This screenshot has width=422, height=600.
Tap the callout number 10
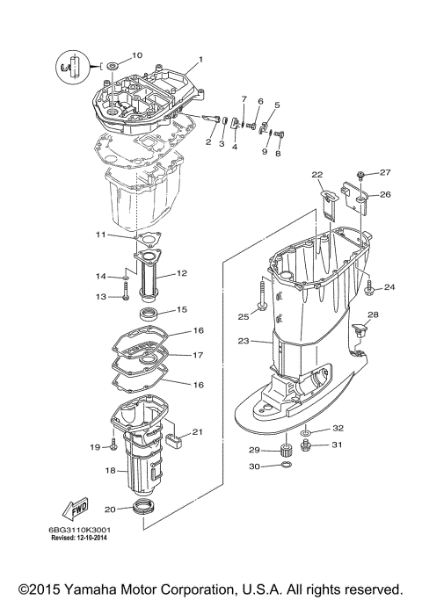point(136,55)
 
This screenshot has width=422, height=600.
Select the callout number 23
point(244,341)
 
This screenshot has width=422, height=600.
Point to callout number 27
point(384,172)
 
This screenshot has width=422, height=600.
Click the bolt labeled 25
point(262,306)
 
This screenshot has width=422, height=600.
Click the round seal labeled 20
point(142,507)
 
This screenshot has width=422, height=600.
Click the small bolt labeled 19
point(114,445)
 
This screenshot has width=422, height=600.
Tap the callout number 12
point(182,273)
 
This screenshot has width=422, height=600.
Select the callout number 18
point(111,470)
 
